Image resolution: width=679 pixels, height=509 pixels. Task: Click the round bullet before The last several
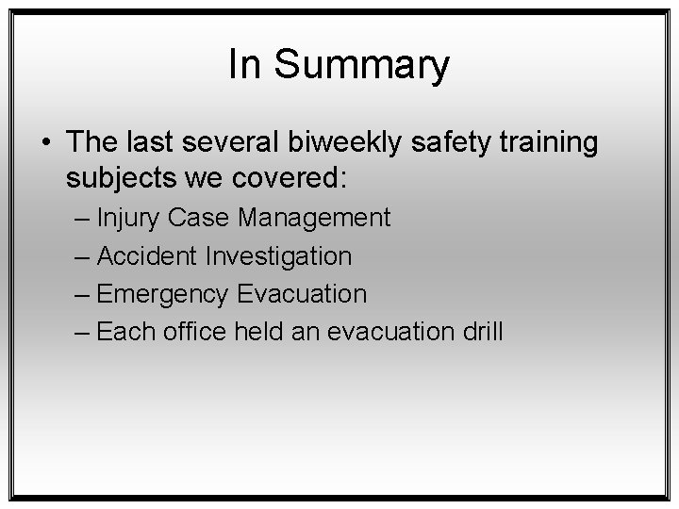(x=46, y=143)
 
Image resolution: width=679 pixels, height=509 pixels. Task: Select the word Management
(x=314, y=218)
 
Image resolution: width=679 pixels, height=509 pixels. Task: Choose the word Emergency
(x=162, y=294)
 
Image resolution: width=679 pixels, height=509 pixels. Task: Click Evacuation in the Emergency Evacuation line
(x=301, y=293)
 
